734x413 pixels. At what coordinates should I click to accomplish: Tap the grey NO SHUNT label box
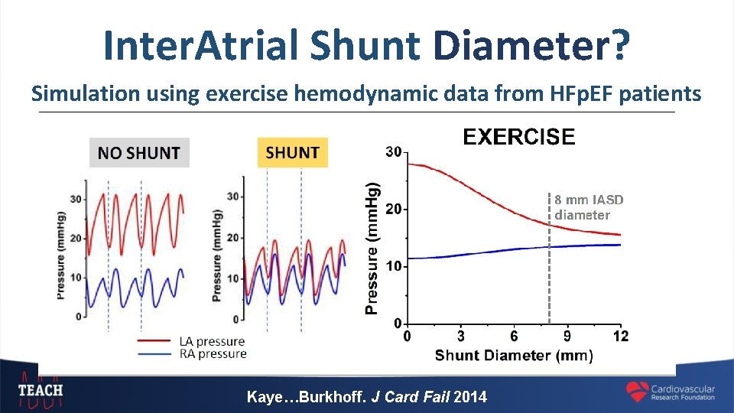tap(138, 153)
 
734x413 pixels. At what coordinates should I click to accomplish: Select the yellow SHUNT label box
tap(292, 152)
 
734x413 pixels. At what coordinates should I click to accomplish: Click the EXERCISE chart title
tap(518, 137)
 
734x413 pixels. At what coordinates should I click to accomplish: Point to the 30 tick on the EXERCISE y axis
tap(392, 152)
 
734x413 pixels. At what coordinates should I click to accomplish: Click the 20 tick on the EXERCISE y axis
tap(392, 209)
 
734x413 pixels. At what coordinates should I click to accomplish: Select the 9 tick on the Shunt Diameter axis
tap(567, 337)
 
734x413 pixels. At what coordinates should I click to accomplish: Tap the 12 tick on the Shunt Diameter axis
tap(620, 337)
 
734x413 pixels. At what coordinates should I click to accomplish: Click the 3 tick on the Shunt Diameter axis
tap(460, 337)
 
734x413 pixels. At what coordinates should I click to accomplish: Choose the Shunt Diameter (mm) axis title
tap(514, 355)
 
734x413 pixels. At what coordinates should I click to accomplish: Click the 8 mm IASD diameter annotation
tap(589, 207)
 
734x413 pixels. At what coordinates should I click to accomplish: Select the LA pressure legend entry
tap(211, 341)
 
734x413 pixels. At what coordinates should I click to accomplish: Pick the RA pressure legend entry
tap(212, 353)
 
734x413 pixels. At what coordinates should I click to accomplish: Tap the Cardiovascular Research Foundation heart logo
tap(637, 392)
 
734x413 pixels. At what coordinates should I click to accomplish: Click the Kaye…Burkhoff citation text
tap(366, 397)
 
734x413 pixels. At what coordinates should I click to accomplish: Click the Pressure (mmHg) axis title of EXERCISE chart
tap(372, 249)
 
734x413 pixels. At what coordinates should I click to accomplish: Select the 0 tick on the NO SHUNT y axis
tap(79, 317)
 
